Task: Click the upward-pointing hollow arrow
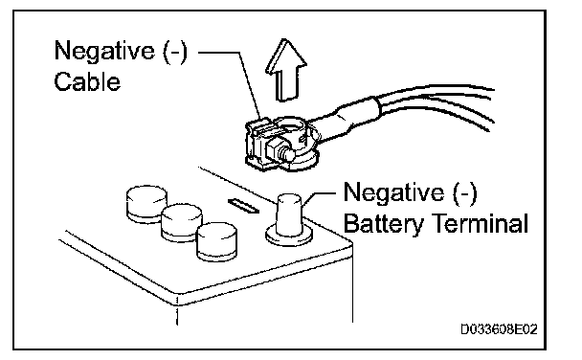[x=286, y=70]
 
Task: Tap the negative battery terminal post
[x=289, y=215]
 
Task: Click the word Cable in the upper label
[x=87, y=81]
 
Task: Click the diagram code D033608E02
[x=499, y=329]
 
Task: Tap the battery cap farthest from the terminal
[x=146, y=203]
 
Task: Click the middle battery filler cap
[x=182, y=222]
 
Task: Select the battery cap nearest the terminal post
[x=216, y=241]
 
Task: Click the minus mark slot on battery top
[x=243, y=206]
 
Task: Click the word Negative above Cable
[x=104, y=51]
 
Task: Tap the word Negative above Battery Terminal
[x=393, y=193]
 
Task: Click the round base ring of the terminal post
[x=289, y=237]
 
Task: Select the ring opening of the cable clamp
[x=290, y=126]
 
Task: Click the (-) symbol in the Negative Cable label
[x=175, y=51]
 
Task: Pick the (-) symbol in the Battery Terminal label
[x=464, y=193]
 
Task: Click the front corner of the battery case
[x=177, y=302]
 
